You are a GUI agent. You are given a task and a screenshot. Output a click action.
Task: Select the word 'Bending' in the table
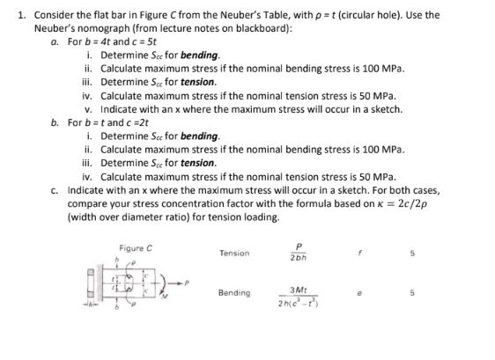(x=234, y=292)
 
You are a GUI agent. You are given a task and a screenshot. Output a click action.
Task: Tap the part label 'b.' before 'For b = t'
(x=56, y=120)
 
